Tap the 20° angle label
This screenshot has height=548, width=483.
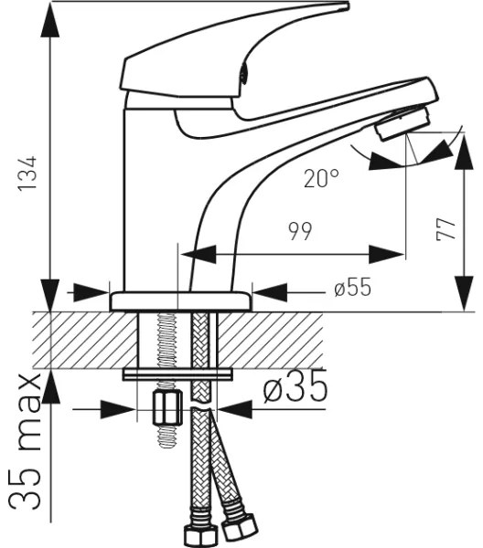[x=321, y=179]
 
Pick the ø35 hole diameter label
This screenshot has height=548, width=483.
[x=295, y=390]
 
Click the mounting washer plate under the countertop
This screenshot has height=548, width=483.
[x=177, y=374]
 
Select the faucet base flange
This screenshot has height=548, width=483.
[x=180, y=300]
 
